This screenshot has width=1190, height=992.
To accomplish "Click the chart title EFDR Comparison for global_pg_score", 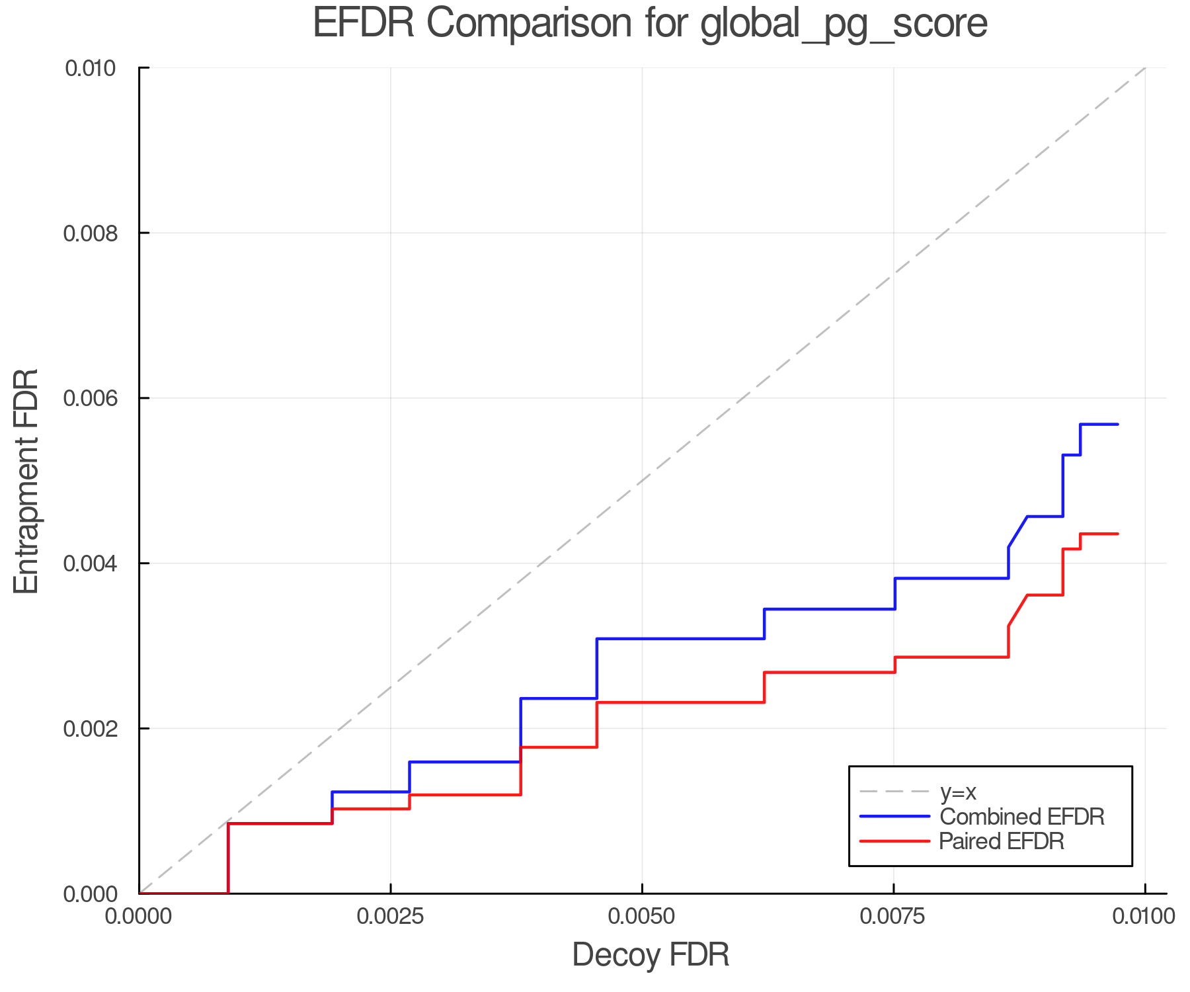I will pyautogui.click(x=650, y=23).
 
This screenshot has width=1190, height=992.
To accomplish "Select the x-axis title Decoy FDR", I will pyautogui.click(x=651, y=954).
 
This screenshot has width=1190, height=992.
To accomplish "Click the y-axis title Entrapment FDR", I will pyautogui.click(x=26, y=481).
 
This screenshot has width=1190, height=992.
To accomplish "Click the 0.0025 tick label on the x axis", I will pyautogui.click(x=390, y=917).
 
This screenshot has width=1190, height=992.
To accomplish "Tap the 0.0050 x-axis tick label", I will pyautogui.click(x=642, y=917).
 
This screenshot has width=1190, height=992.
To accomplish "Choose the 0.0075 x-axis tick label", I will pyautogui.click(x=894, y=917).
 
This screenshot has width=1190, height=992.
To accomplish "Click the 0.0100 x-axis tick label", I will pyautogui.click(x=1144, y=917).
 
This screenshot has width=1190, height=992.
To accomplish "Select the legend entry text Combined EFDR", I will pyautogui.click(x=1022, y=817).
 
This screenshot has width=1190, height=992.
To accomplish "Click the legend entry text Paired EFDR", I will pyautogui.click(x=1002, y=841).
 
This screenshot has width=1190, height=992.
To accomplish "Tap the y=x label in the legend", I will pyautogui.click(x=958, y=792).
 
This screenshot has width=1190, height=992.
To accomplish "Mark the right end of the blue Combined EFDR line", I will pyautogui.click(x=1117, y=424).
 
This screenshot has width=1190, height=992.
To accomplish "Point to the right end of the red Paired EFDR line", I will pyautogui.click(x=1117, y=534).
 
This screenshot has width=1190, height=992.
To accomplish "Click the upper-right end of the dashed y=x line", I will pyautogui.click(x=1144, y=68).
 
